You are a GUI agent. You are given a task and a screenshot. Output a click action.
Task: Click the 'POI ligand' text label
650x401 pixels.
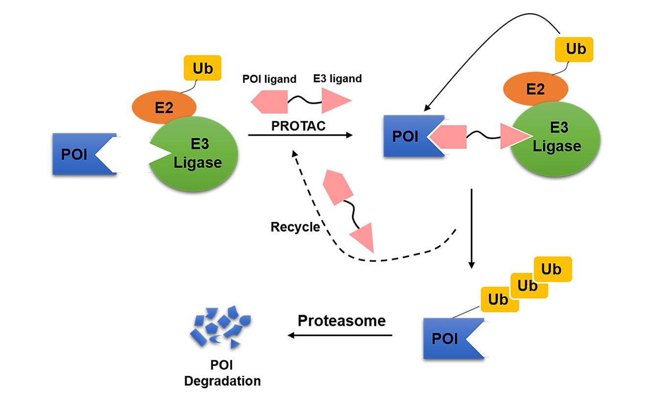[x=270, y=79]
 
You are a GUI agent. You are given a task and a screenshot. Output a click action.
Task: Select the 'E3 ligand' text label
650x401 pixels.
[x=337, y=78]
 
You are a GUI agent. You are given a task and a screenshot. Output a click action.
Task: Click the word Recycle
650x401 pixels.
[x=295, y=227]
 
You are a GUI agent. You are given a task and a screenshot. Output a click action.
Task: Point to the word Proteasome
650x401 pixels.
[x=342, y=321]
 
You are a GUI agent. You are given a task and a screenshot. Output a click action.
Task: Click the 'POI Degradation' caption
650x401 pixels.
[x=222, y=373]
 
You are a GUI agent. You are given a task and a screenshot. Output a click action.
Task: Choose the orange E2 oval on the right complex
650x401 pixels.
[x=535, y=89]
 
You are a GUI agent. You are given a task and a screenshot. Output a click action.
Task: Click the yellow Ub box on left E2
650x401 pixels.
[x=202, y=69]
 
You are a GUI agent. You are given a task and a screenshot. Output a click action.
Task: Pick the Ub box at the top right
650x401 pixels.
[x=575, y=49]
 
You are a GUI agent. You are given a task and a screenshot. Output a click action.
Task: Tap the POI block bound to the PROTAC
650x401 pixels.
[x=406, y=136]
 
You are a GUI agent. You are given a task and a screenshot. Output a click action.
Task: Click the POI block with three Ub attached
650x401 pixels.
[x=448, y=338]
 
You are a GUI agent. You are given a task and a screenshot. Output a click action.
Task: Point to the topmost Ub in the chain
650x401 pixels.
[x=552, y=269]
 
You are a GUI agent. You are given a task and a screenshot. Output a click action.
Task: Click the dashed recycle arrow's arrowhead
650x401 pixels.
[x=294, y=153]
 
